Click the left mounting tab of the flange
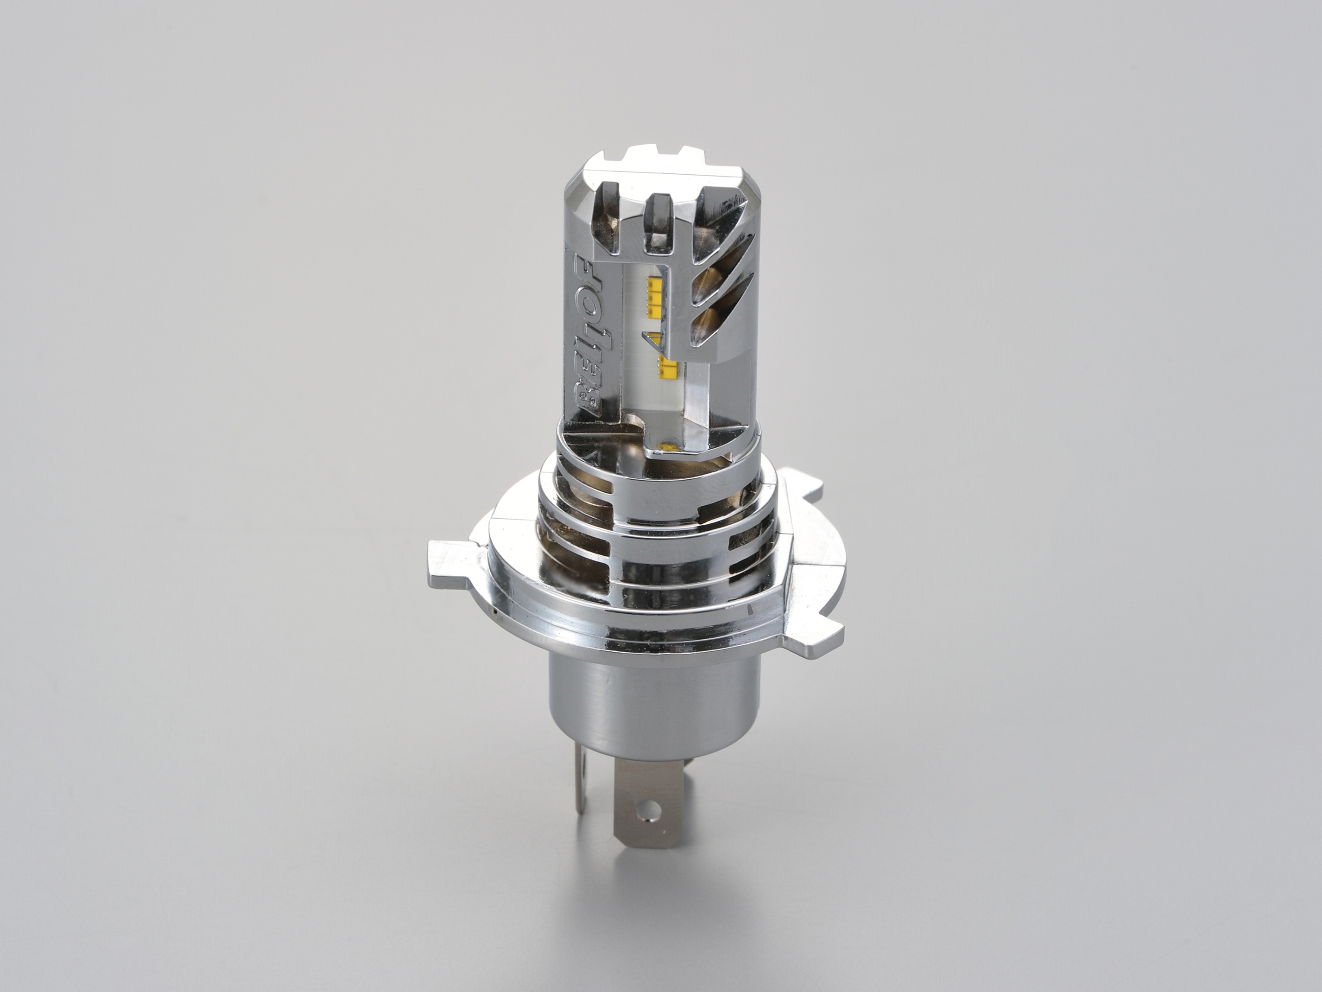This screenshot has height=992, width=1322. point(450,560)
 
